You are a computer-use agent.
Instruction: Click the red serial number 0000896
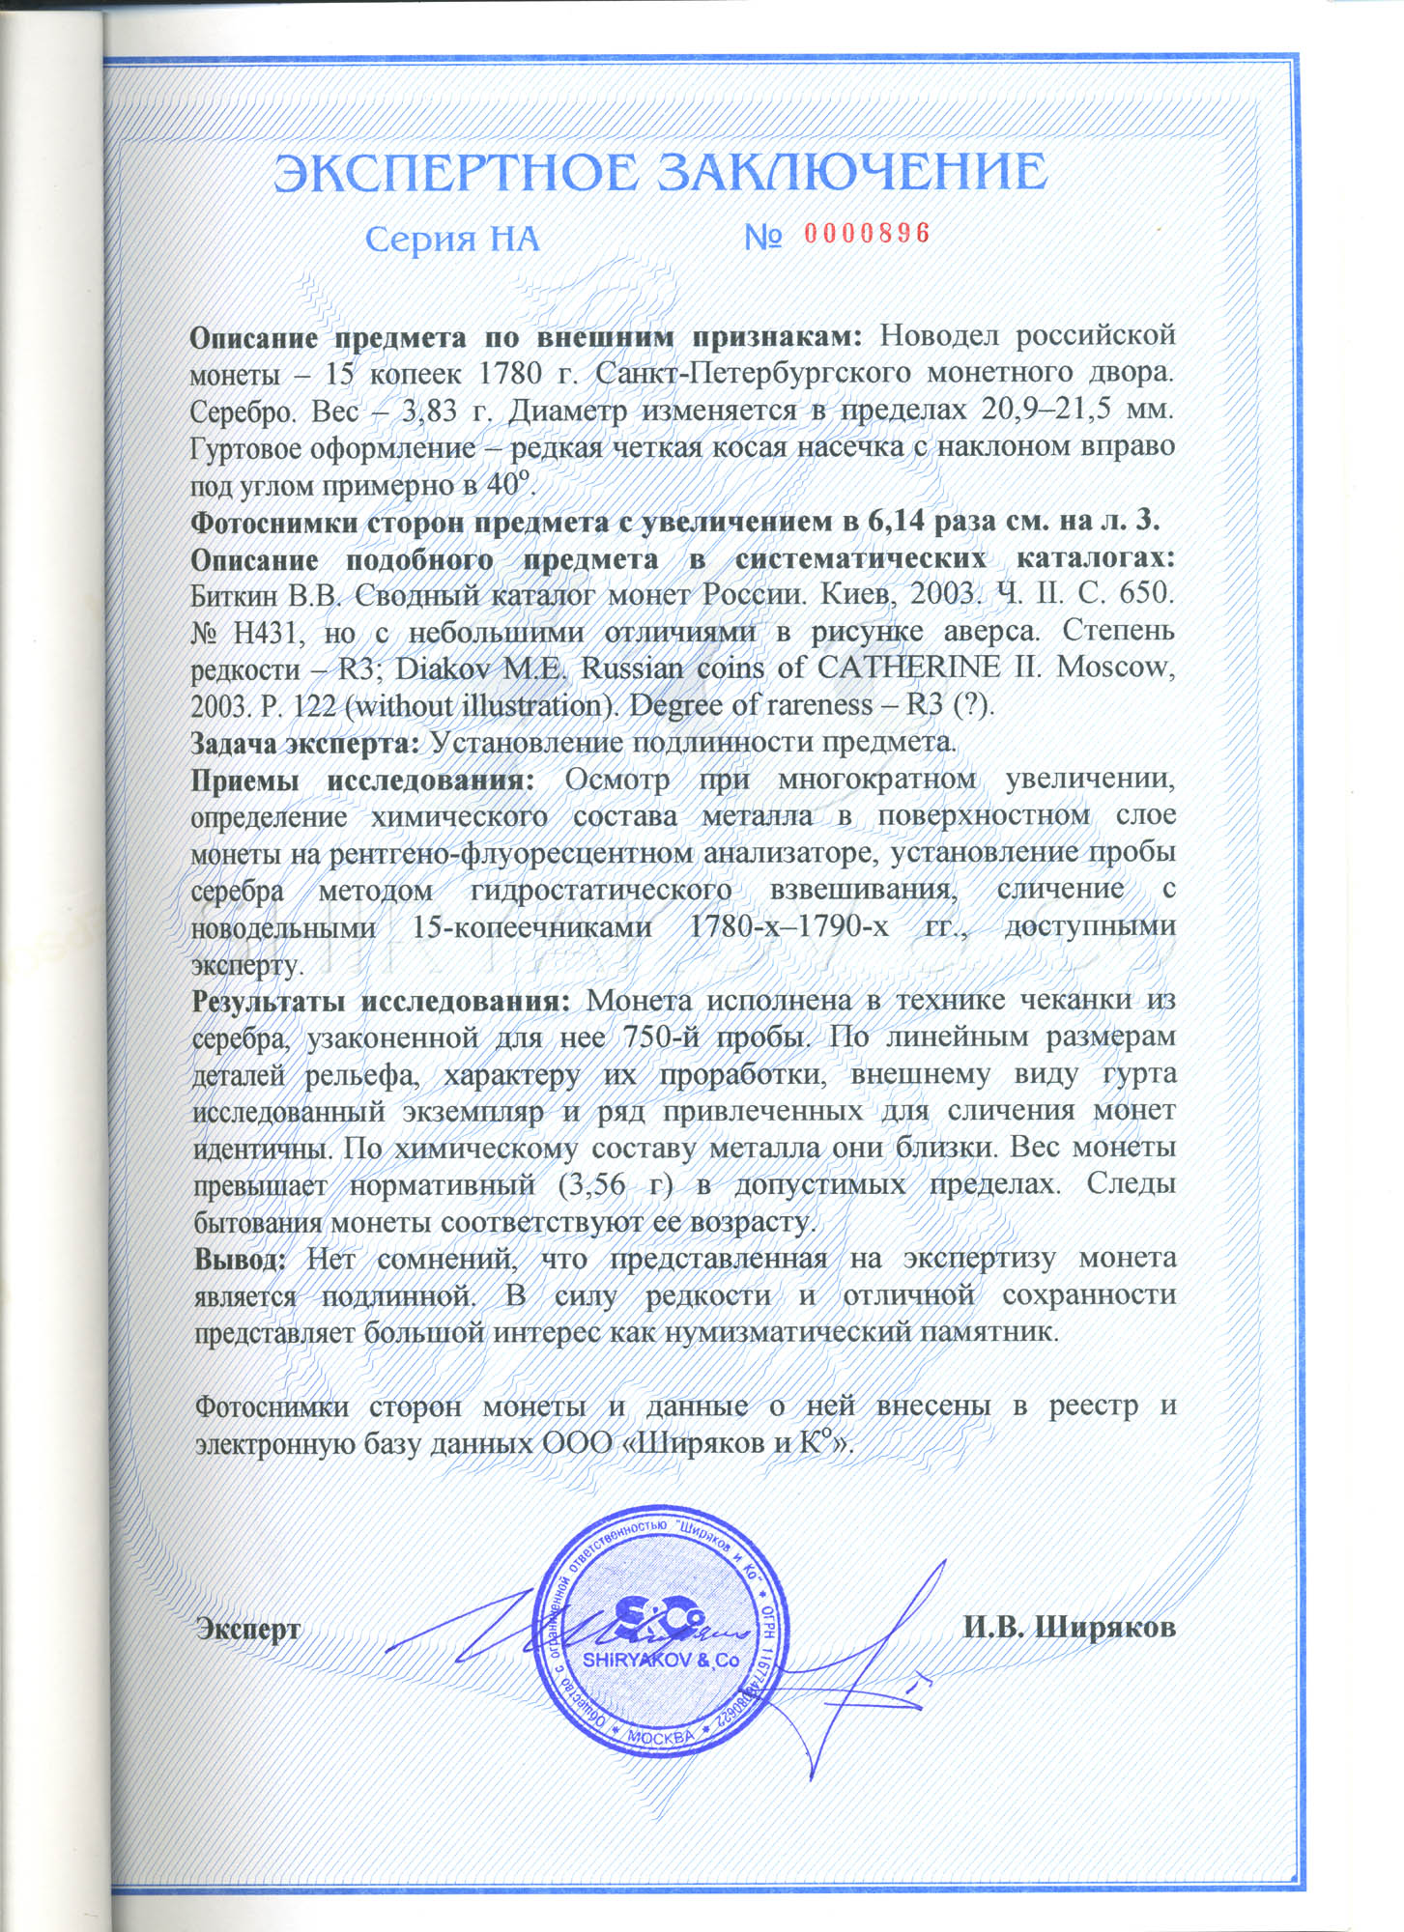(x=866, y=234)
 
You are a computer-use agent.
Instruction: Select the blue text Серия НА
(x=452, y=239)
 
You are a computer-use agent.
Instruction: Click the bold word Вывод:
(x=241, y=1259)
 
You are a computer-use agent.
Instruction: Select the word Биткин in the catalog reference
(x=232, y=595)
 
